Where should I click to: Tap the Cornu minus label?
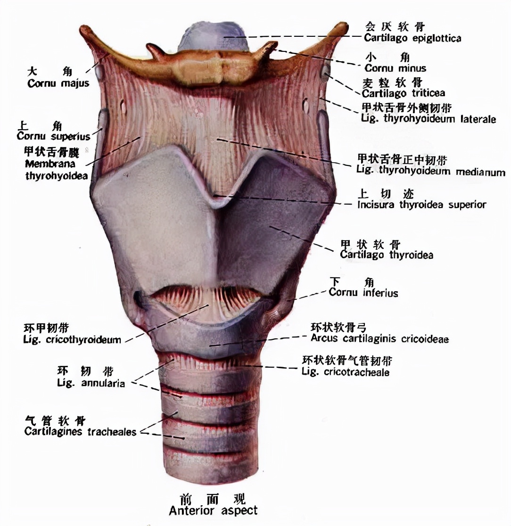coord(395,68)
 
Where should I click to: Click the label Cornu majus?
coord(58,83)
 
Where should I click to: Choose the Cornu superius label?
coord(53,137)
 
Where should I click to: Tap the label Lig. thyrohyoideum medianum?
coord(431,171)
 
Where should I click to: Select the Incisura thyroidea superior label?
coord(421,205)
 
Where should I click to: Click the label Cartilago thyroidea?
coord(387,255)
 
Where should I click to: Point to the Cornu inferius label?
coord(363,293)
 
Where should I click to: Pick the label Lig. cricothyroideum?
coord(72,339)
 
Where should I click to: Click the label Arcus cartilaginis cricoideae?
coord(379,338)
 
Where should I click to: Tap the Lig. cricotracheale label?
coord(346,372)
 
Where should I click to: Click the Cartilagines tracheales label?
coord(81,432)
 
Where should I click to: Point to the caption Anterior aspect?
coord(213,510)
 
